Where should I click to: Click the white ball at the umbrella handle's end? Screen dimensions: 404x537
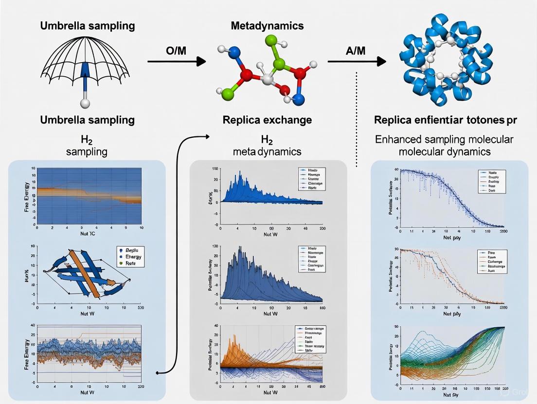tap(86, 103)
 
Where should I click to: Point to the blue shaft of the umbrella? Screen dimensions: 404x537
tap(86, 78)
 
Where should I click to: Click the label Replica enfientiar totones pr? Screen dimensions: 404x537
tap(444, 119)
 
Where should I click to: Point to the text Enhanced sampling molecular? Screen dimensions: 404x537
tap(444, 139)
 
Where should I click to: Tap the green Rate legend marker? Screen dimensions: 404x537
tap(120, 263)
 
